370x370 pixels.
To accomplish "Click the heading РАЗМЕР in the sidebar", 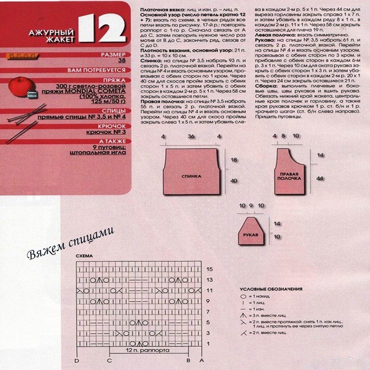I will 114,55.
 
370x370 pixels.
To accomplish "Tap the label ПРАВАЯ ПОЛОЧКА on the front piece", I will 289,176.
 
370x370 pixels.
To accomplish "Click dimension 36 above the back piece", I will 191,136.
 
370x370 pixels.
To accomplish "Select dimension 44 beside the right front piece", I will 320,179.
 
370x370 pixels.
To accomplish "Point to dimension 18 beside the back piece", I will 234,160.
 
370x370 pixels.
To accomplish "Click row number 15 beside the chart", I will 210,269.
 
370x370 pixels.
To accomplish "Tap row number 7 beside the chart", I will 208,312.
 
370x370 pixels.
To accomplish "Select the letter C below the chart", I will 109,360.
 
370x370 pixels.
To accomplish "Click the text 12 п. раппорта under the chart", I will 148,351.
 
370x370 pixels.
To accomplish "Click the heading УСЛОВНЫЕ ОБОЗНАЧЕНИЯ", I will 271,289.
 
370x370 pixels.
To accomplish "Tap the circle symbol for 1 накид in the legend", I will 243,296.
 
